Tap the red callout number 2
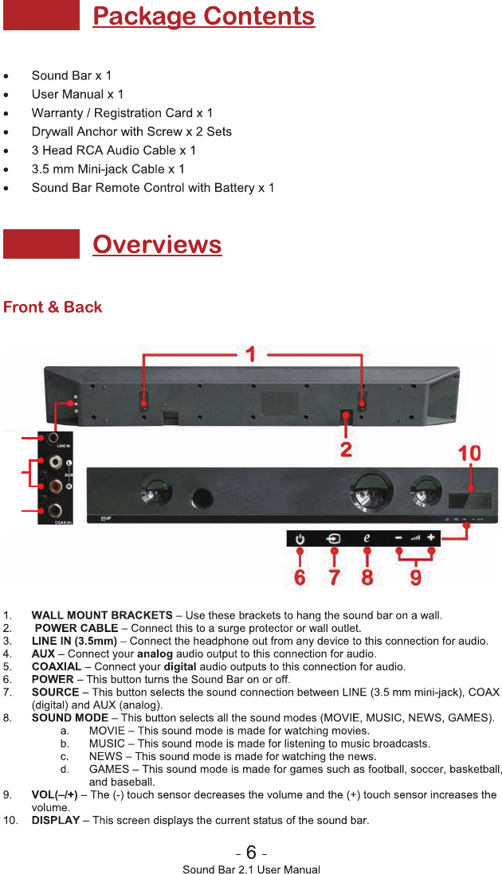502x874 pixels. (x=346, y=448)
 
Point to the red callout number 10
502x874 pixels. (x=469, y=453)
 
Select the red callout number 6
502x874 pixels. (x=299, y=576)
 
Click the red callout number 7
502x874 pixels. (x=335, y=576)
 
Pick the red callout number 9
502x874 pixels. (x=415, y=576)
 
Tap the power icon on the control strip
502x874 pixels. (x=300, y=539)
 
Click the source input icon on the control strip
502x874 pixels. (x=333, y=539)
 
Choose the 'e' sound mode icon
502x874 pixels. (x=367, y=538)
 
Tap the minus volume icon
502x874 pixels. (x=398, y=538)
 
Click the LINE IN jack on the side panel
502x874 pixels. (x=55, y=437)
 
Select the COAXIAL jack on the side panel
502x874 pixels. (x=55, y=510)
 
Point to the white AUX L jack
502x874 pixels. (x=56, y=462)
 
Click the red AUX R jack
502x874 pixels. (x=56, y=486)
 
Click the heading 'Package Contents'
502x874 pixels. (x=203, y=17)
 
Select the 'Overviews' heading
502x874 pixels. (x=157, y=244)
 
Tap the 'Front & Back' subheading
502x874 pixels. (x=53, y=307)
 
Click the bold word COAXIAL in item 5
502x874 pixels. (x=57, y=666)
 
